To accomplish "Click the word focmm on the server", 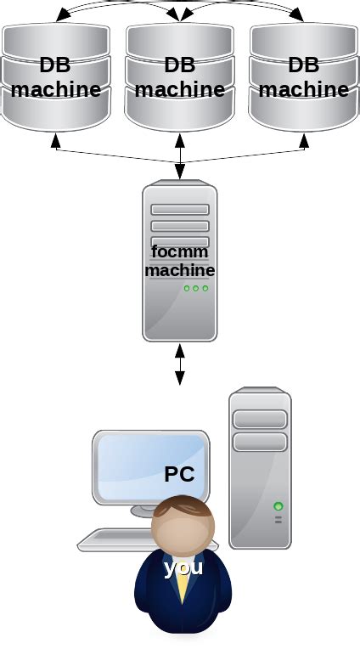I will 179,251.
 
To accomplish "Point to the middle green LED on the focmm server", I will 195,288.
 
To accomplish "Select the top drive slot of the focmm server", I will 180,210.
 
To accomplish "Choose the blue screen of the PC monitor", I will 136,467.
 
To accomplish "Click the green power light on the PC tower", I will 278,506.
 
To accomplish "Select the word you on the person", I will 183,567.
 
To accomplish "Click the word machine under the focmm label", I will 179,270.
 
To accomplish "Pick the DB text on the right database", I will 304,65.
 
